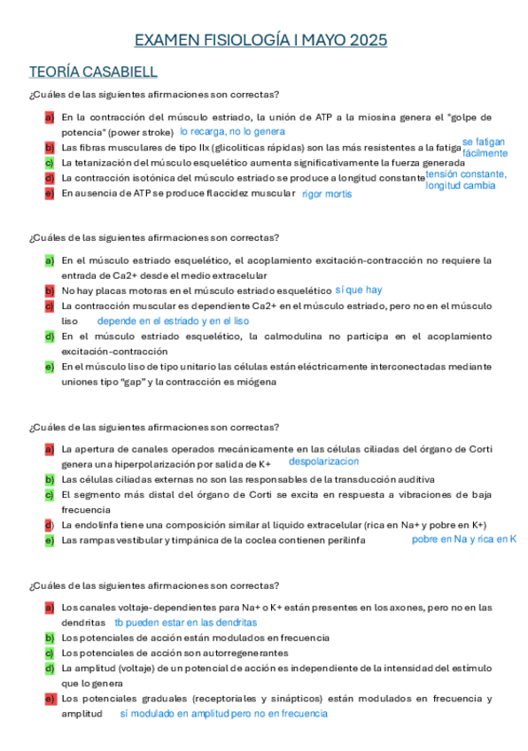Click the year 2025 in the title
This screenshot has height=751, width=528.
tap(368, 41)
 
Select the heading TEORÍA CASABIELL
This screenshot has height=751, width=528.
tap(93, 72)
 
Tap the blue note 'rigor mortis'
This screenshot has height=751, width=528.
tap(326, 194)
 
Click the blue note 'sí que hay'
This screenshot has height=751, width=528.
tap(359, 290)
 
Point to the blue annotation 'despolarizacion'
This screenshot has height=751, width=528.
tap(323, 461)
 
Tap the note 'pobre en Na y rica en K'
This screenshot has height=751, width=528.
tap(463, 538)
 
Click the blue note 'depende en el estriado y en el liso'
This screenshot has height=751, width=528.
tap(173, 321)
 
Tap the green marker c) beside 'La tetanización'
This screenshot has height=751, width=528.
tap(50, 163)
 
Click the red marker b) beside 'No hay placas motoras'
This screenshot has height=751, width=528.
tap(50, 290)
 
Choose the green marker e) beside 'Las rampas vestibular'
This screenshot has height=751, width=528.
tap(50, 540)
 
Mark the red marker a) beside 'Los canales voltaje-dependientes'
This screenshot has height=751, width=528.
tap(50, 608)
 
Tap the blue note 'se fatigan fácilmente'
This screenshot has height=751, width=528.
tap(485, 147)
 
